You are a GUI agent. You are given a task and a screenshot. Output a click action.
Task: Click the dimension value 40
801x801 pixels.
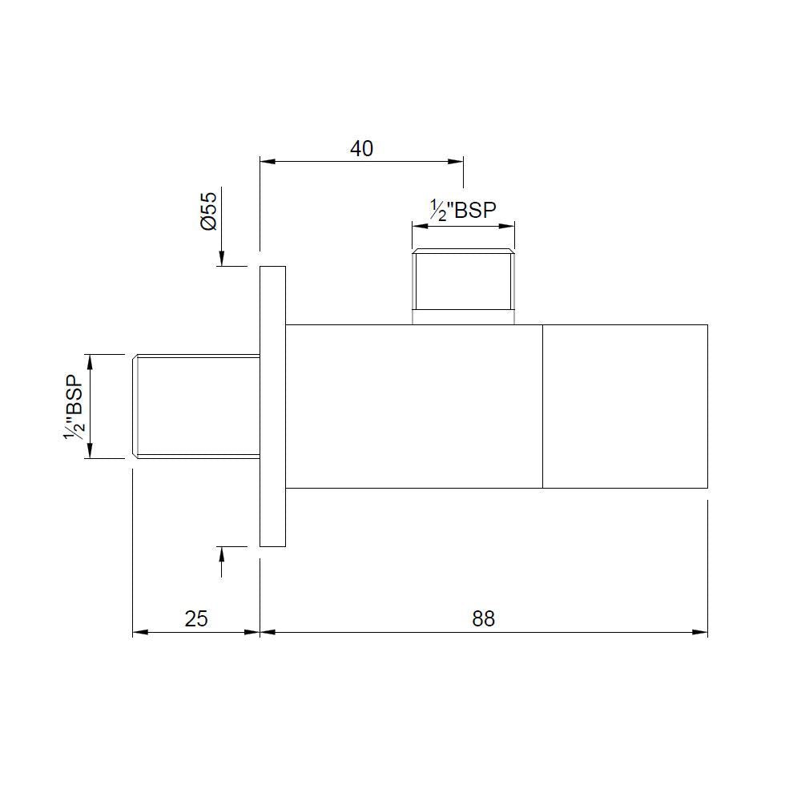coord(362,148)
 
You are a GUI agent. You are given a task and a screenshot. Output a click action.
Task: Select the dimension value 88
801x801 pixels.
coord(484,618)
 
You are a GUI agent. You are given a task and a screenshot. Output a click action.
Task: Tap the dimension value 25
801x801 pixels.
coord(196,618)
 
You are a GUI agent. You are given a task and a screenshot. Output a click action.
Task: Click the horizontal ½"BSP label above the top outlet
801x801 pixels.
coord(463,210)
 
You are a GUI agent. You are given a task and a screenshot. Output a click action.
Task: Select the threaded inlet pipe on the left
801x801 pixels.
coord(196,405)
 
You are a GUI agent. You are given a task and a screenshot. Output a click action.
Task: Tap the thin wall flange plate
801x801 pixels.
coord(273,406)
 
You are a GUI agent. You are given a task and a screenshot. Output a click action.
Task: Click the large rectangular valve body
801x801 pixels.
coord(414,406)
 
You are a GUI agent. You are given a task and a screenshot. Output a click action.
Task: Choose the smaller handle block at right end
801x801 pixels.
coord(625,406)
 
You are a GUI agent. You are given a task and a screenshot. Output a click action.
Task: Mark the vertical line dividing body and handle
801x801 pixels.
coord(542,406)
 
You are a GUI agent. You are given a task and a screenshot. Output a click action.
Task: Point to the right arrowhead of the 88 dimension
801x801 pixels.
coord(702,633)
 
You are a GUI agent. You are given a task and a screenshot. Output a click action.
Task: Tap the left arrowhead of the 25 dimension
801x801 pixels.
coord(138,633)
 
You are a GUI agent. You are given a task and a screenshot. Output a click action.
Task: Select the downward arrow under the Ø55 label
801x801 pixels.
coord(222,259)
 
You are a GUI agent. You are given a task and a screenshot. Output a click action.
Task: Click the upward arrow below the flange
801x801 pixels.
coord(222,553)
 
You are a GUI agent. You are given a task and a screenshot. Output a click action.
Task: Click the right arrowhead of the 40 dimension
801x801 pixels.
coord(457,162)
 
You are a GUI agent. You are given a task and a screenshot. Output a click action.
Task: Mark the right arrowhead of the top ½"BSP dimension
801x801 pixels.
coord(509,226)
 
